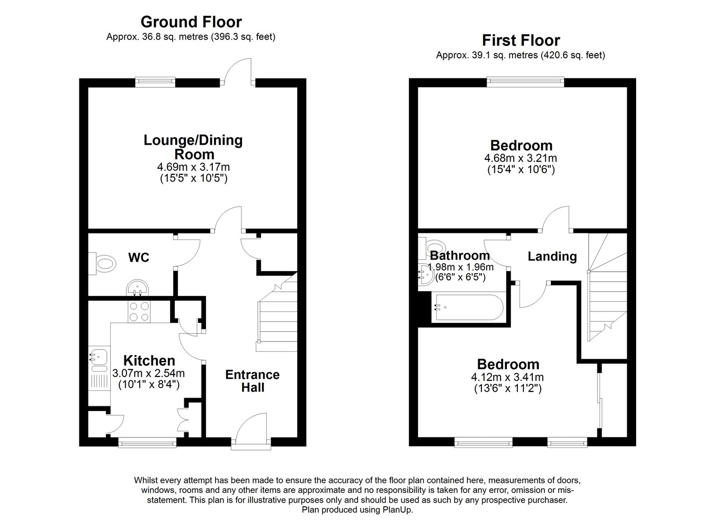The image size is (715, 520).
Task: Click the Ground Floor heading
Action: (191, 22)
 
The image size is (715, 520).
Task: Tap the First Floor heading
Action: (521, 41)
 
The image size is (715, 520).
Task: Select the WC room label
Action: (139, 257)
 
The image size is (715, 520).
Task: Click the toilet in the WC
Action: (103, 264)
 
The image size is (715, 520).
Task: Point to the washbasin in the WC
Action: (138, 288)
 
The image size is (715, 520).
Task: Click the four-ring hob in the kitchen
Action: (139, 311)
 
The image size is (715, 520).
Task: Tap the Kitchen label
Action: (149, 361)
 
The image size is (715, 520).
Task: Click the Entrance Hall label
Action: (253, 381)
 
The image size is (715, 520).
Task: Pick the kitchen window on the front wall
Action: (147, 443)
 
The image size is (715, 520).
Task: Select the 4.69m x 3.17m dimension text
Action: (193, 167)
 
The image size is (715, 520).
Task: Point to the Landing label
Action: (552, 256)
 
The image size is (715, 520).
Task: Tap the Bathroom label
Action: (460, 255)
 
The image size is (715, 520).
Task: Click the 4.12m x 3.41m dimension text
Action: (507, 377)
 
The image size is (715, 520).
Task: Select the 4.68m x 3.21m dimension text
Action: (521, 158)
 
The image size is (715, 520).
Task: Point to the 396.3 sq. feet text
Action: (243, 37)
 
